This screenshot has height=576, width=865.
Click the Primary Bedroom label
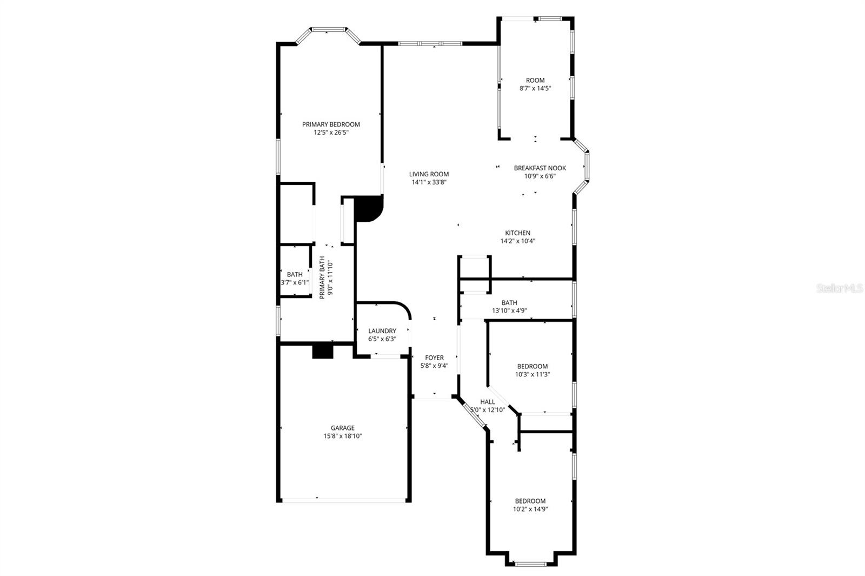331,124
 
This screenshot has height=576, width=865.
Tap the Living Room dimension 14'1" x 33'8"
429,183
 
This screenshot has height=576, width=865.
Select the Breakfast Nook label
540,168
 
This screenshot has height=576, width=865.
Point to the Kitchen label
517,233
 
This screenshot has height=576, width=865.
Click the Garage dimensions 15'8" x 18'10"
342,436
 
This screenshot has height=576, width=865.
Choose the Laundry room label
382,331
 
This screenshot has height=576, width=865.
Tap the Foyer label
434,357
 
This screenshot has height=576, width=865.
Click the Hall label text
487,402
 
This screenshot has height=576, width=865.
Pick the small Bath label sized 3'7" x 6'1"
295,275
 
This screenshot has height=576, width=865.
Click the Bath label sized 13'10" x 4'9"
509,303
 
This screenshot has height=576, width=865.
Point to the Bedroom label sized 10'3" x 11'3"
532,366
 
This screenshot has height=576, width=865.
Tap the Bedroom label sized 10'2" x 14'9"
530,501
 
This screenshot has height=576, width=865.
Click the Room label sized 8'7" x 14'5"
535,81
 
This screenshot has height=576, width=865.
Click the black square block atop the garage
323,350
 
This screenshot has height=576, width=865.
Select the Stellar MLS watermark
840,289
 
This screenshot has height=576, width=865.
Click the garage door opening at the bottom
343,500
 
